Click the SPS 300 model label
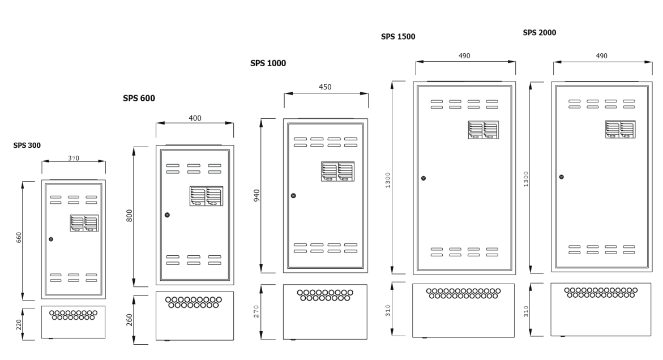coord(27,145)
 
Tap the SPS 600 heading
coord(139,98)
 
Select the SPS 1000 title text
coord(268,63)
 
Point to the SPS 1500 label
coord(398,37)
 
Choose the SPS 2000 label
coord(539,33)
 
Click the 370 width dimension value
coord(74,158)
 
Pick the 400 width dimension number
coord(195,118)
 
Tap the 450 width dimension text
coord(325,87)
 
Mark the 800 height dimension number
coord(129,216)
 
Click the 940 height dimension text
coord(256,196)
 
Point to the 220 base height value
coord(18,324)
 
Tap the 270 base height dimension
coord(256,312)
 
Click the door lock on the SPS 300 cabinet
coord(51,240)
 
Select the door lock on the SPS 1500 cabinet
coord(424,178)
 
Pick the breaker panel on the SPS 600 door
coord(206,196)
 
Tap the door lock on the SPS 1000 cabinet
coord(293,196)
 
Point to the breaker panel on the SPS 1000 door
coord(337,172)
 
